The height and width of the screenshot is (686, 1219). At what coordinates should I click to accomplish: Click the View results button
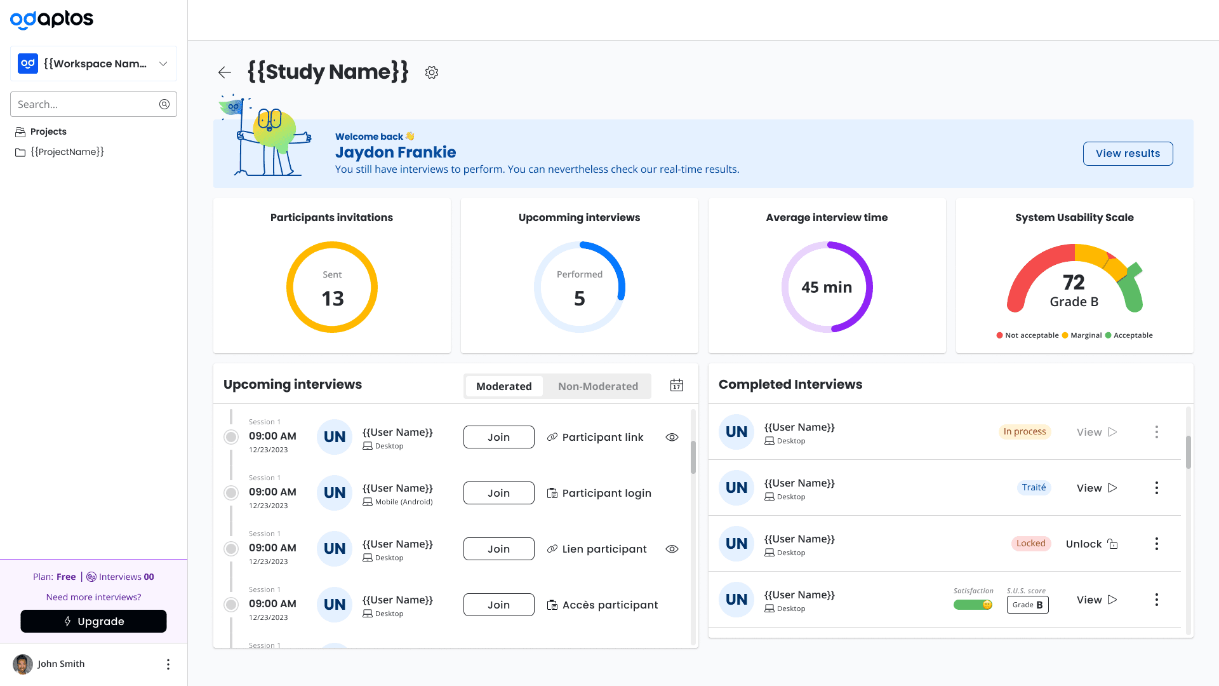1128,154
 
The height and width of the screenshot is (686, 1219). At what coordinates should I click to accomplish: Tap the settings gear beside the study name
432,72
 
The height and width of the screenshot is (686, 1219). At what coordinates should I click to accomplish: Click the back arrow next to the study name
224,72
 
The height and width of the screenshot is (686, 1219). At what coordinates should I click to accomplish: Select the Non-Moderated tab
597,386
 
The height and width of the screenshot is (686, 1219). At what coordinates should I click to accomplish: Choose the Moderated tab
504,386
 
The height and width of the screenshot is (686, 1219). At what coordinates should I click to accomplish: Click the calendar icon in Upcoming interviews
677,386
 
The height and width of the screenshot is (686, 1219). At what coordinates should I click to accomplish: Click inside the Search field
86,104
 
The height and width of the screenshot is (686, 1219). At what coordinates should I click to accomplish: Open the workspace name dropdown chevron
163,64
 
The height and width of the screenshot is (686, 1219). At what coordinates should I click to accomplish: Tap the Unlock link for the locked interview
1091,544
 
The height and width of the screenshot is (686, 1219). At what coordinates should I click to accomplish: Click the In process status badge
1025,432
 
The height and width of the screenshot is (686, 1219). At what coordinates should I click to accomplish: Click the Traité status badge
1034,488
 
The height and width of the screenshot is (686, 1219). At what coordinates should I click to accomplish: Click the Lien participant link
597,549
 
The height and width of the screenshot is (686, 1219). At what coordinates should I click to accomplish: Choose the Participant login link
599,493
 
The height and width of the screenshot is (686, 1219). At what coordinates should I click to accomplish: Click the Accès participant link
603,605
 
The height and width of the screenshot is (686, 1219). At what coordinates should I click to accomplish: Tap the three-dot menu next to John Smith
168,664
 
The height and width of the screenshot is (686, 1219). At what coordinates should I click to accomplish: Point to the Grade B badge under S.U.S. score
1027,605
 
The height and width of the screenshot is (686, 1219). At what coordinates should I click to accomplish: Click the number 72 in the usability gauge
1074,282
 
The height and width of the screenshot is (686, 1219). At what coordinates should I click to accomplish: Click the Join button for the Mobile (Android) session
498,493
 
